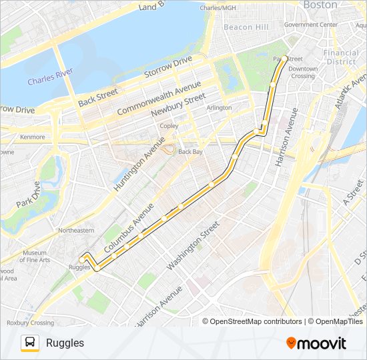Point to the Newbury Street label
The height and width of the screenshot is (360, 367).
[x=177, y=106]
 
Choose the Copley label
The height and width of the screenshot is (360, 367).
[x=169, y=125]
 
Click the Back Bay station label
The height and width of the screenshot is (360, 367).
[x=190, y=152]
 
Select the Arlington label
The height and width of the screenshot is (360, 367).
[x=219, y=107]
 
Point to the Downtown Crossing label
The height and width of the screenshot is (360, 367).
[x=302, y=72]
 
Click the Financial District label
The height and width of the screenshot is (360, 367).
[x=340, y=57]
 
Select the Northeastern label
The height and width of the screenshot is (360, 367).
[x=76, y=230]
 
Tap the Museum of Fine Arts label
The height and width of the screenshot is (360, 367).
[x=35, y=256]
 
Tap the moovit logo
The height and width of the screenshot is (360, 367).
[x=316, y=343]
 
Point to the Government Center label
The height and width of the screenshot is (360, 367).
[x=310, y=25]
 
